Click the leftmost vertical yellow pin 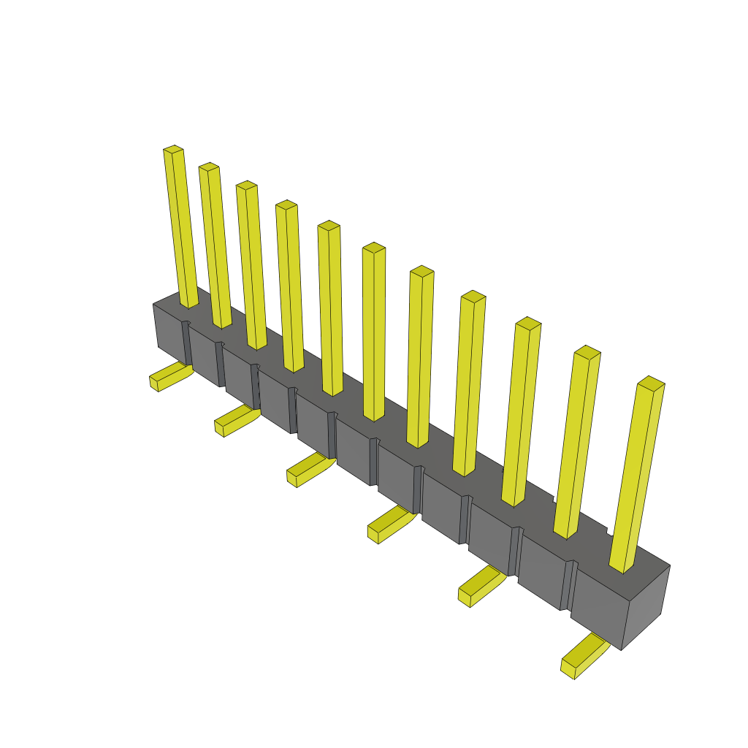[x=180, y=226]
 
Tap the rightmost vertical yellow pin [x=636, y=475]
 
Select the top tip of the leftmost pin [x=173, y=150]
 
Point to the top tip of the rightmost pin [x=651, y=382]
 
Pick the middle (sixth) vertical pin [x=374, y=332]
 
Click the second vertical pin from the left [x=215, y=245]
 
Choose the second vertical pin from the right [x=577, y=442]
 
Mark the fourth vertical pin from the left [x=290, y=285]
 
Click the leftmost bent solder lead [x=169, y=376]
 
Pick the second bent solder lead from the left [x=235, y=421]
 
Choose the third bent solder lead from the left [x=309, y=470]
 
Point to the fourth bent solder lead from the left [x=390, y=524]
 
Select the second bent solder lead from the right [x=480, y=586]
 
